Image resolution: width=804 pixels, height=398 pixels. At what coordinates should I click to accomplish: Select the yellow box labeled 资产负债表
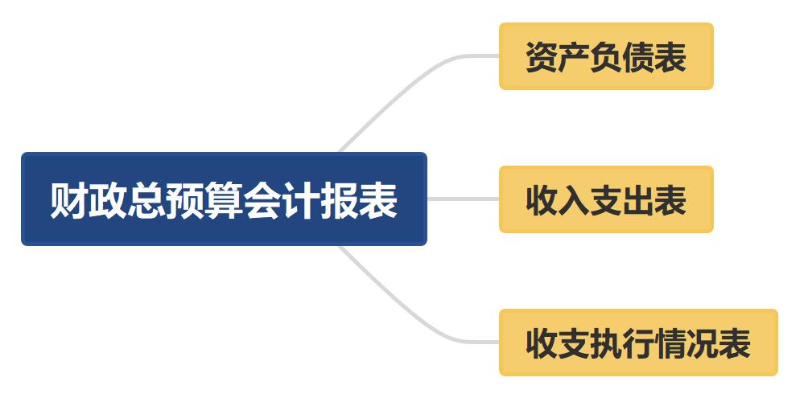coord(606,56)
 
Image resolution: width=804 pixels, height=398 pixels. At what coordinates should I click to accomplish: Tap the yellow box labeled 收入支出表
coord(606,199)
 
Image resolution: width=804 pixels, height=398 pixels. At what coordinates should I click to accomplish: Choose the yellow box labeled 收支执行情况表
coord(638,343)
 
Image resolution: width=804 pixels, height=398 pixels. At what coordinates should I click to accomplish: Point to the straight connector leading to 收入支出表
coord(463,199)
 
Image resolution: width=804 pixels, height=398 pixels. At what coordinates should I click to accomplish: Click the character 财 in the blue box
coord(69,200)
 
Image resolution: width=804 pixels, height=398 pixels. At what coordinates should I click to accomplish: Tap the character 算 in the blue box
coord(224,200)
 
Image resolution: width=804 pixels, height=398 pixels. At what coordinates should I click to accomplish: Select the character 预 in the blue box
coord(185,200)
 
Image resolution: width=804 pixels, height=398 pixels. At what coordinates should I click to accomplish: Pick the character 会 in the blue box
coord(262,200)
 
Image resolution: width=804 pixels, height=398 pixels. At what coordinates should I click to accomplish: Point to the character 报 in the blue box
coord(340,200)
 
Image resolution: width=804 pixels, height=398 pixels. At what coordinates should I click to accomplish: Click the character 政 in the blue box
coord(108,200)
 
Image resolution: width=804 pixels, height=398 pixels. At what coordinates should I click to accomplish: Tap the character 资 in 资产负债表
coord(542,57)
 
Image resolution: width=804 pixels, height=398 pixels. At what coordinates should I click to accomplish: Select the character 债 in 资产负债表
coord(638,57)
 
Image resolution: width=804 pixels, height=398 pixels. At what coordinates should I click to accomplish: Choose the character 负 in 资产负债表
coord(606,57)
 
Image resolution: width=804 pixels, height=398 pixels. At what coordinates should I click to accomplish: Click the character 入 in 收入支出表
coord(574,200)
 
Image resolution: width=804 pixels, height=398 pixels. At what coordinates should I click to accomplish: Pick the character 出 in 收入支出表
coord(638,200)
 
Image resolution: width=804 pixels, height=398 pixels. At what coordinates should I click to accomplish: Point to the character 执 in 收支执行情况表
coord(606,343)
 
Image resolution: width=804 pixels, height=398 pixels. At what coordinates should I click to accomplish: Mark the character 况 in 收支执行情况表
coord(703,343)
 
